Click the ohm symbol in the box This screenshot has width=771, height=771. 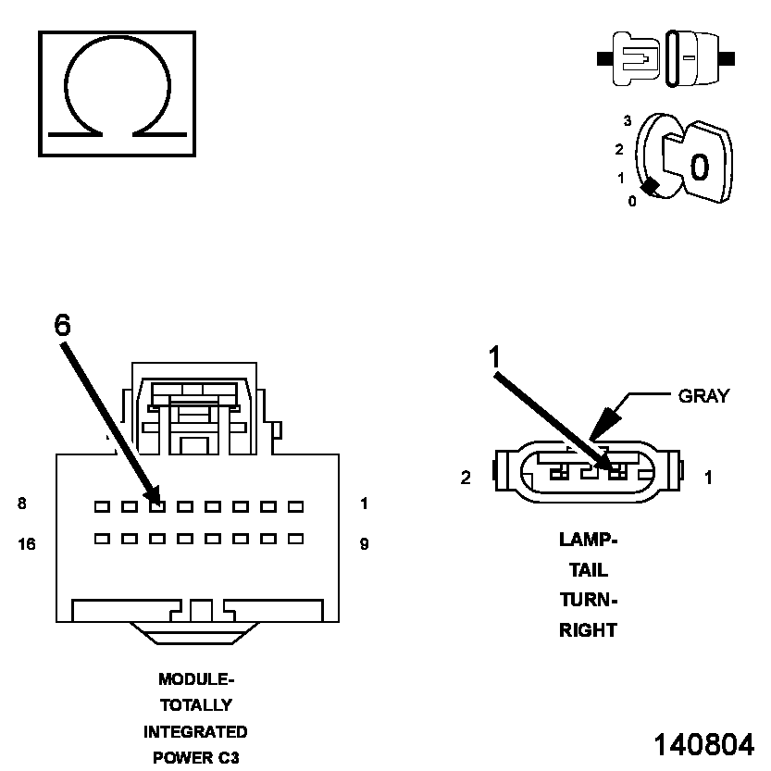tap(117, 93)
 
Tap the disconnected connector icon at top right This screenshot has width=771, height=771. tap(666, 58)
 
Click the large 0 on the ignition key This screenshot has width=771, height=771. tap(699, 167)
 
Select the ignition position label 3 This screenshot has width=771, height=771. tap(627, 121)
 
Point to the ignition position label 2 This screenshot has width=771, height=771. tap(619, 149)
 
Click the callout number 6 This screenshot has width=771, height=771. tap(62, 325)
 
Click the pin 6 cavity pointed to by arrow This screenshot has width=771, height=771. tap(157, 506)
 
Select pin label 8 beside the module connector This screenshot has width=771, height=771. tap(21, 504)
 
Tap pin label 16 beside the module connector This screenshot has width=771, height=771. tap(26, 544)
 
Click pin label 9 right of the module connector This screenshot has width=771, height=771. tap(364, 544)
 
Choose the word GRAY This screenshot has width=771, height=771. tap(703, 396)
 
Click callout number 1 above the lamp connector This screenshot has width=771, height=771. tap(495, 356)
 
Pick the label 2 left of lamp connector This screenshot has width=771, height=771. tap(466, 478)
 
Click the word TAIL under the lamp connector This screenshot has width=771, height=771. tap(588, 570)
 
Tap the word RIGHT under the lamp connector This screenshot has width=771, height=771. tap(588, 630)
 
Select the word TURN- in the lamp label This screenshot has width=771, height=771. tap(588, 600)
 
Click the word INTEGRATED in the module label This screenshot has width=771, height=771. tap(195, 732)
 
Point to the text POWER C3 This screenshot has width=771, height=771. tap(195, 758)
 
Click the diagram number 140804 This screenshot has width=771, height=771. tap(703, 744)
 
